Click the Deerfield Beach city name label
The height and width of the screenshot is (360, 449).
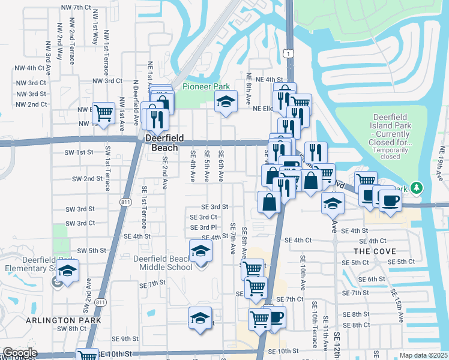162,143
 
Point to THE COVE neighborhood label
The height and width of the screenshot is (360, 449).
373,251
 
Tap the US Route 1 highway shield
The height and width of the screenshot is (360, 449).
290,54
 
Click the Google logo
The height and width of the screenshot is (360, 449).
19,353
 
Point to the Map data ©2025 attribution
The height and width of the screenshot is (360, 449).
423,355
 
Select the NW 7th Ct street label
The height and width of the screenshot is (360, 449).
76,7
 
